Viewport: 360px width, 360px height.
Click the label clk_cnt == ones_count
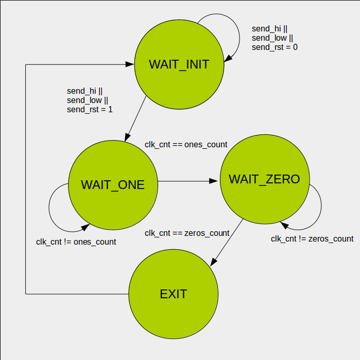pyautogui.click(x=186, y=145)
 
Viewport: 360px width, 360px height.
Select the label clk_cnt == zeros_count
pyautogui.click(x=187, y=233)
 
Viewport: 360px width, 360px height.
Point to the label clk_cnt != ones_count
pyautogui.click(x=76, y=242)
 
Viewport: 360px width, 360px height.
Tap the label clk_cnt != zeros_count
pyautogui.click(x=312, y=238)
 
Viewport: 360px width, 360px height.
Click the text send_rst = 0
pyautogui.click(x=275, y=47)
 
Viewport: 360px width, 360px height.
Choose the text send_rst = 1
pyautogui.click(x=90, y=110)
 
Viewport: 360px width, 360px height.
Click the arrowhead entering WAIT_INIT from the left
pyautogui.click(x=130, y=64)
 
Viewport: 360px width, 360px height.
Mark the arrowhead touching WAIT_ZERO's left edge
pyautogui.click(x=216, y=181)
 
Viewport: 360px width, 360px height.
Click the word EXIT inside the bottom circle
pyautogui.click(x=174, y=294)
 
